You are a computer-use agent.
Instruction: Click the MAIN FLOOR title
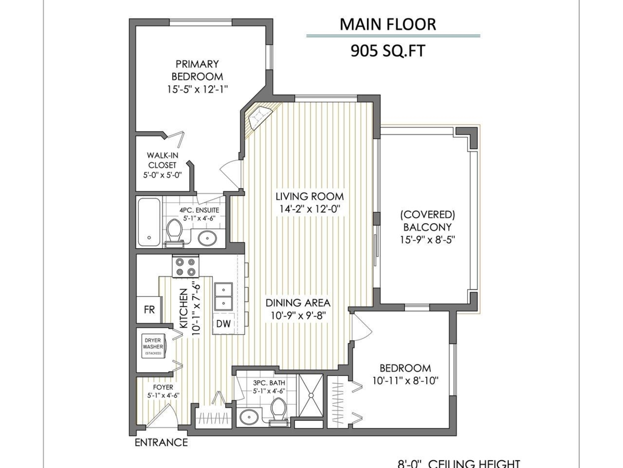[x=387, y=24]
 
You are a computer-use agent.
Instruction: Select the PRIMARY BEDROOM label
[x=197, y=70]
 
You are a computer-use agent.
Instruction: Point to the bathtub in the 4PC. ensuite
[x=150, y=222]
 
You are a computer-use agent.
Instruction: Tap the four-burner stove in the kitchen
[x=186, y=267]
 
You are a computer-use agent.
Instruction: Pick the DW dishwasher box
[x=224, y=323]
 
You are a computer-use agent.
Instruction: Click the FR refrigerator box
[x=149, y=309]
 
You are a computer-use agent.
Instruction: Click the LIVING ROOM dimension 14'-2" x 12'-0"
[x=309, y=209]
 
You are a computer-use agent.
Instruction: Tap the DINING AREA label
[x=298, y=303]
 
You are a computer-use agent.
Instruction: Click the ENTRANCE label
[x=161, y=443]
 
